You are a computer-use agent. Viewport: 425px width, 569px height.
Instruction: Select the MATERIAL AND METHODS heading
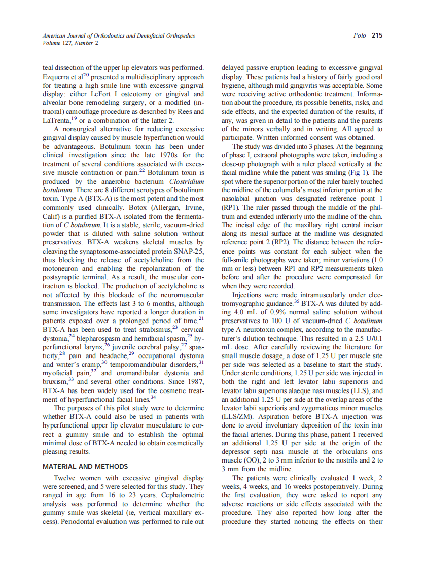85,466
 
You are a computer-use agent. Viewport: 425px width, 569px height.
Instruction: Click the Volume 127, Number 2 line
64,43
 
